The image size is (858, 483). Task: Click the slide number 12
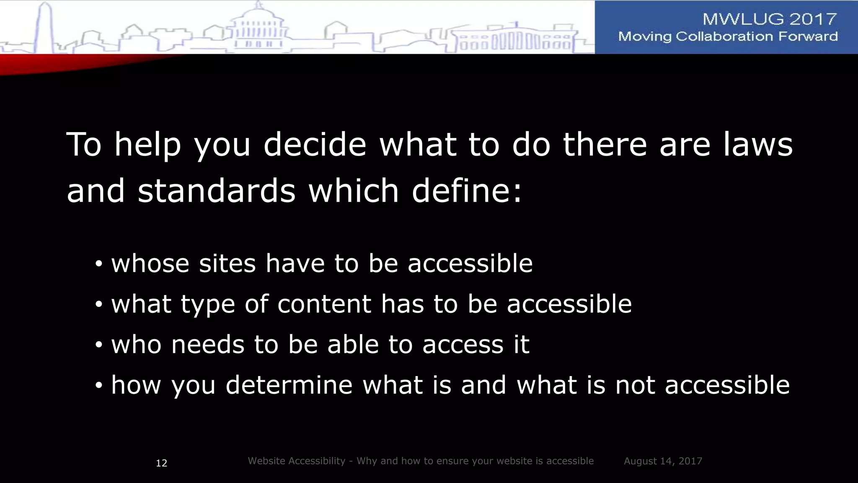[x=161, y=463]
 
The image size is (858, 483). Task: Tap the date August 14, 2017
[x=663, y=461]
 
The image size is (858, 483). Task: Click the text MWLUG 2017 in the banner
[x=770, y=19]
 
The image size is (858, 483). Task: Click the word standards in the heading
[x=216, y=191]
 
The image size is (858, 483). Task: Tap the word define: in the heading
[x=467, y=191]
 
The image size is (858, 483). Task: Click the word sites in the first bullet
[x=227, y=264]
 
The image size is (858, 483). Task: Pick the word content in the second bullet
[x=324, y=304]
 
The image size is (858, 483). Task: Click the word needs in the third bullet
[x=207, y=345]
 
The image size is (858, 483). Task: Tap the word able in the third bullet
[x=353, y=345]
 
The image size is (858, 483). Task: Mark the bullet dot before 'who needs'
[x=98, y=345]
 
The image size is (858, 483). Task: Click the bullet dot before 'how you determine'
[x=98, y=385]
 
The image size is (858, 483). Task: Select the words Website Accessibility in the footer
[x=296, y=461]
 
